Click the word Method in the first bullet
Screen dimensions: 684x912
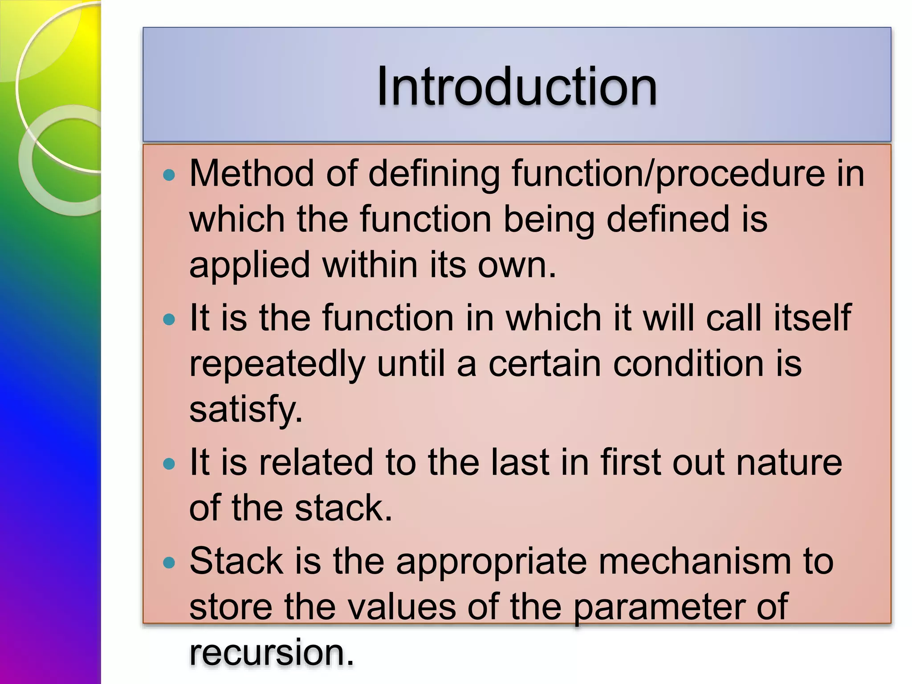pyautogui.click(x=251, y=173)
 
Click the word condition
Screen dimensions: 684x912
pyautogui.click(x=688, y=364)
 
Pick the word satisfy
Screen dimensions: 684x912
pyautogui.click(x=246, y=410)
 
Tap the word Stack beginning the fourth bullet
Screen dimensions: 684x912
pyautogui.click(x=236, y=561)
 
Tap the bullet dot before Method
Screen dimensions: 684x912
pyautogui.click(x=169, y=175)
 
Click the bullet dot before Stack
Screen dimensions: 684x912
pyautogui.click(x=169, y=563)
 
